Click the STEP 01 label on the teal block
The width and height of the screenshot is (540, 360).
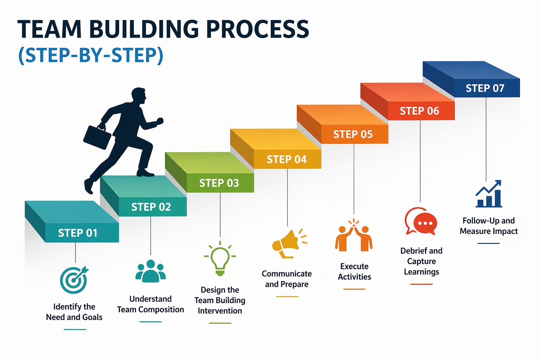tap(78, 233)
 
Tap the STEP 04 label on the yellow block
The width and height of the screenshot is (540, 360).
tap(287, 159)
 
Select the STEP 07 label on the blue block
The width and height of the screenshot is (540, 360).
tap(485, 88)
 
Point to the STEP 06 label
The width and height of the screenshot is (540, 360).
tap(419, 111)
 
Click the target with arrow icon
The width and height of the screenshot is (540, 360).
tap(74, 280)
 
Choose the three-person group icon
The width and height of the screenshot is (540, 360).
tap(150, 271)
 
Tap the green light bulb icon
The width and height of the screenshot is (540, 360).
tap(220, 259)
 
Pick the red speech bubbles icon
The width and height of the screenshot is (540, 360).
tap(421, 221)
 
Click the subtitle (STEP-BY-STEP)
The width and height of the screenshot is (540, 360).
tap(91, 55)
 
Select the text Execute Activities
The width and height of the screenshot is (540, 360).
tap(354, 271)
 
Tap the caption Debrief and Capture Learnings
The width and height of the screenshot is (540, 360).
tap(421, 261)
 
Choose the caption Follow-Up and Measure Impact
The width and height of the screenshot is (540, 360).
tap(489, 226)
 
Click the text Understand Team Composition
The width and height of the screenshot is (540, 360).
tap(150, 304)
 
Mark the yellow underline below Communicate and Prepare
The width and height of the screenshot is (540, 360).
tap(287, 296)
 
